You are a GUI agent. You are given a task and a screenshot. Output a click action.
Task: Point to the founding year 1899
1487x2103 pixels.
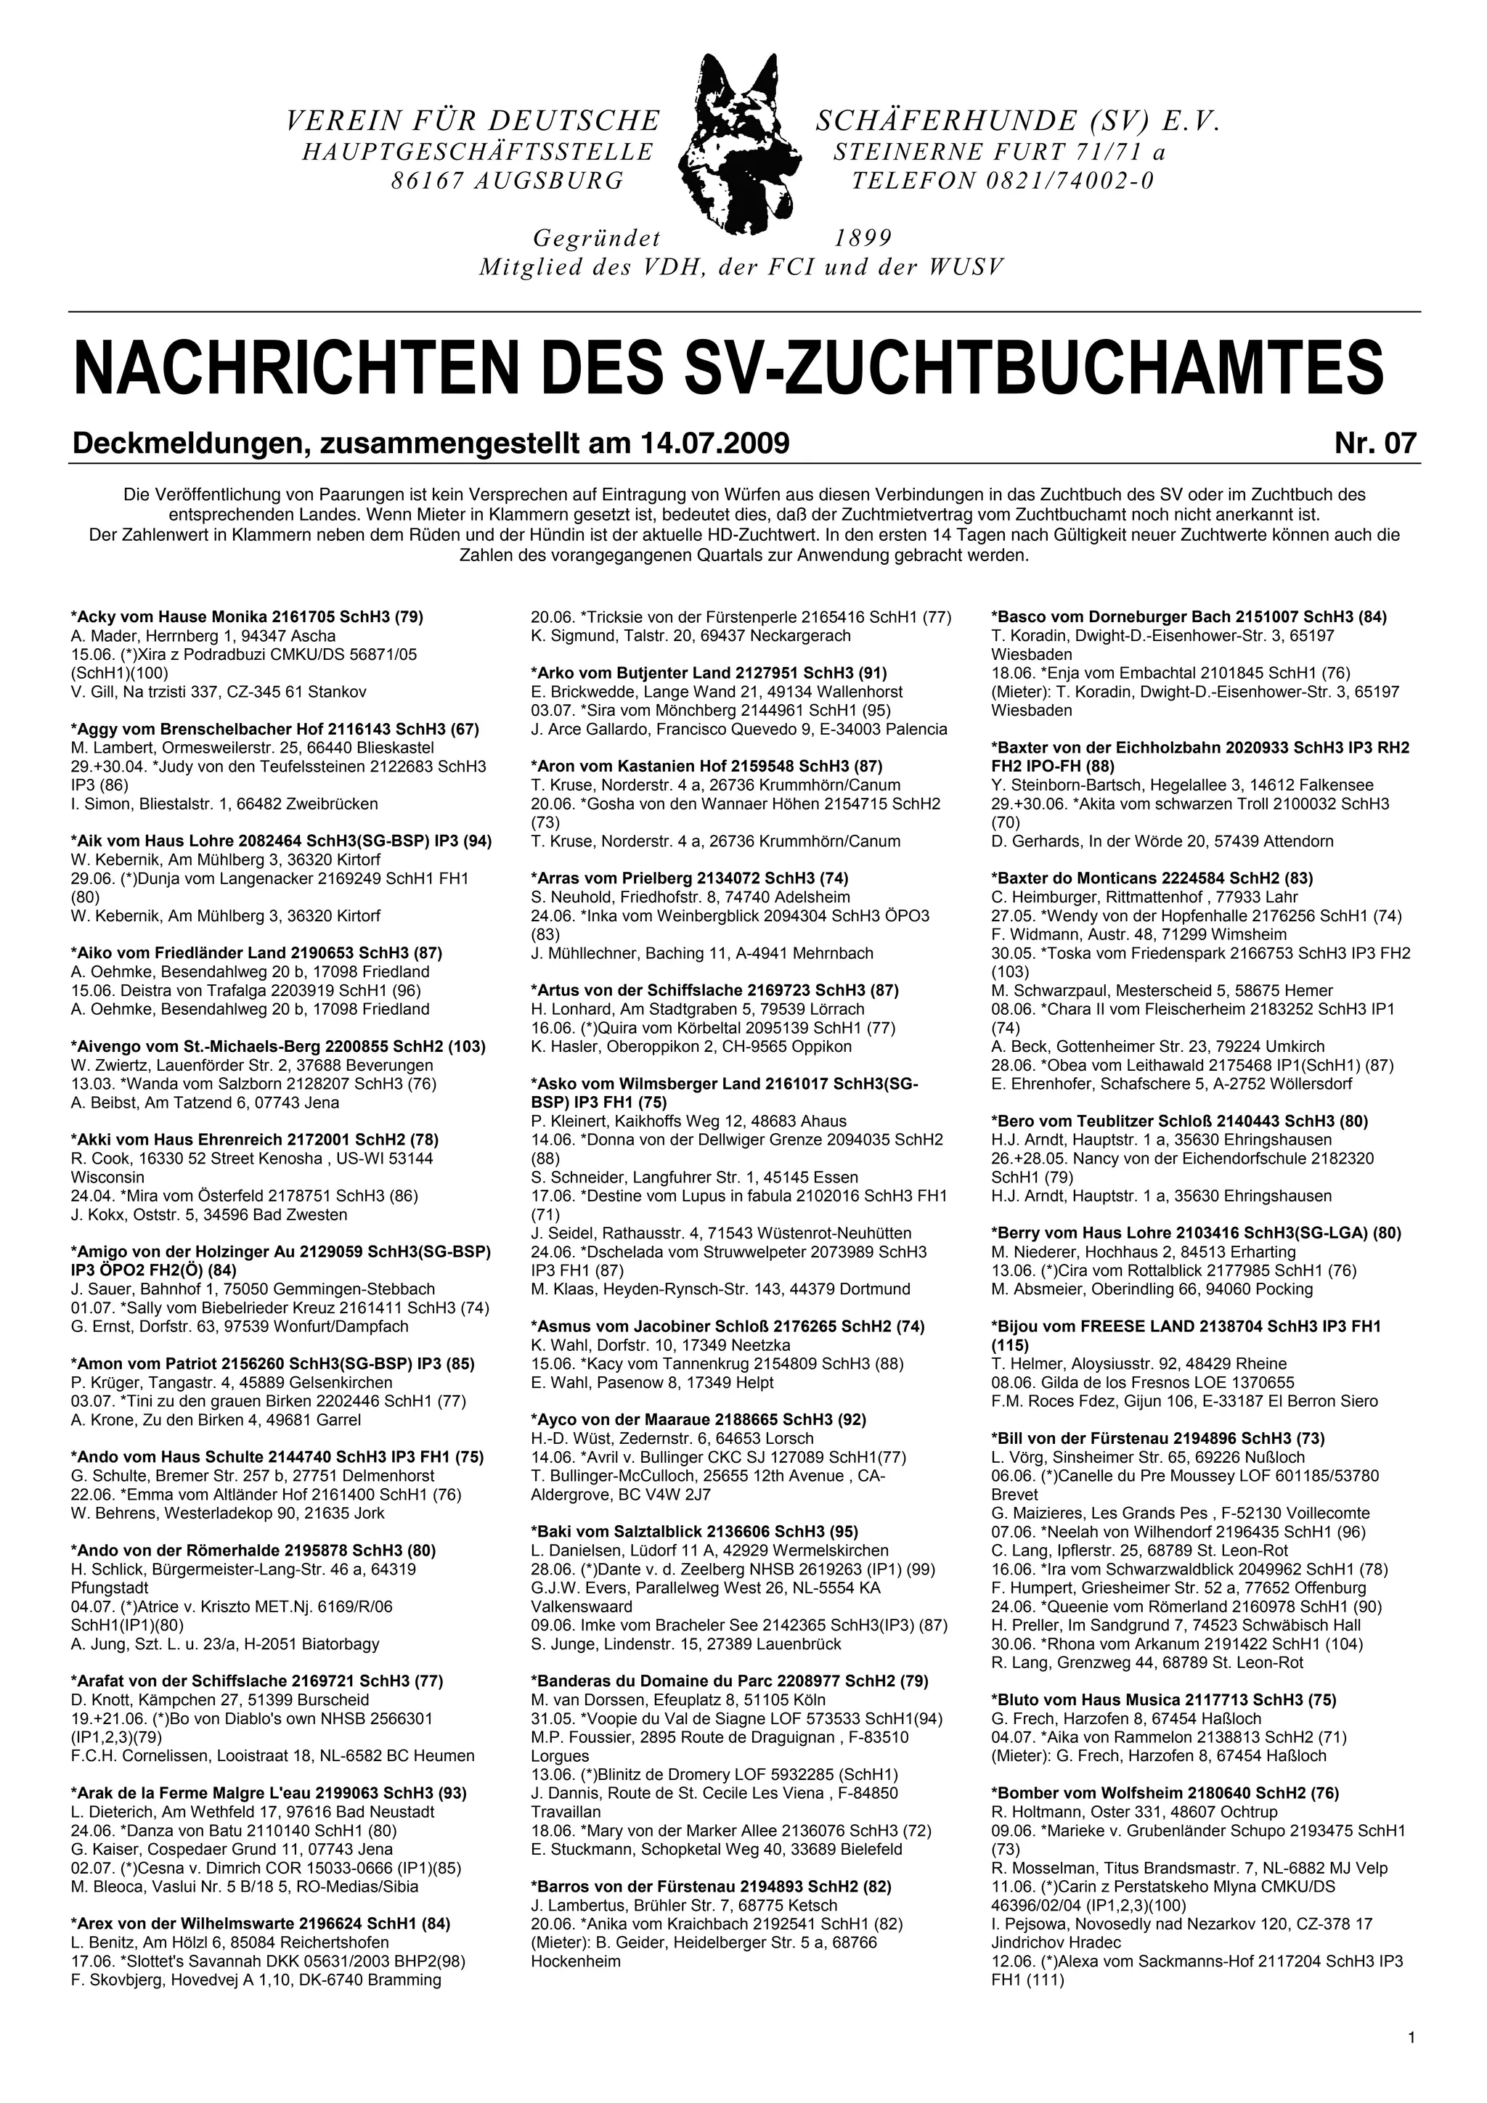pos(863,239)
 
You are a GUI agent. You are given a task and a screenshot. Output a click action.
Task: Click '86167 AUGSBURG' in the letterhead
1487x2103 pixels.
pos(508,181)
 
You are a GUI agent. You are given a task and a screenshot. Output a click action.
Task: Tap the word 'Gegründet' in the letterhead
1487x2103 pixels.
pos(596,239)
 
